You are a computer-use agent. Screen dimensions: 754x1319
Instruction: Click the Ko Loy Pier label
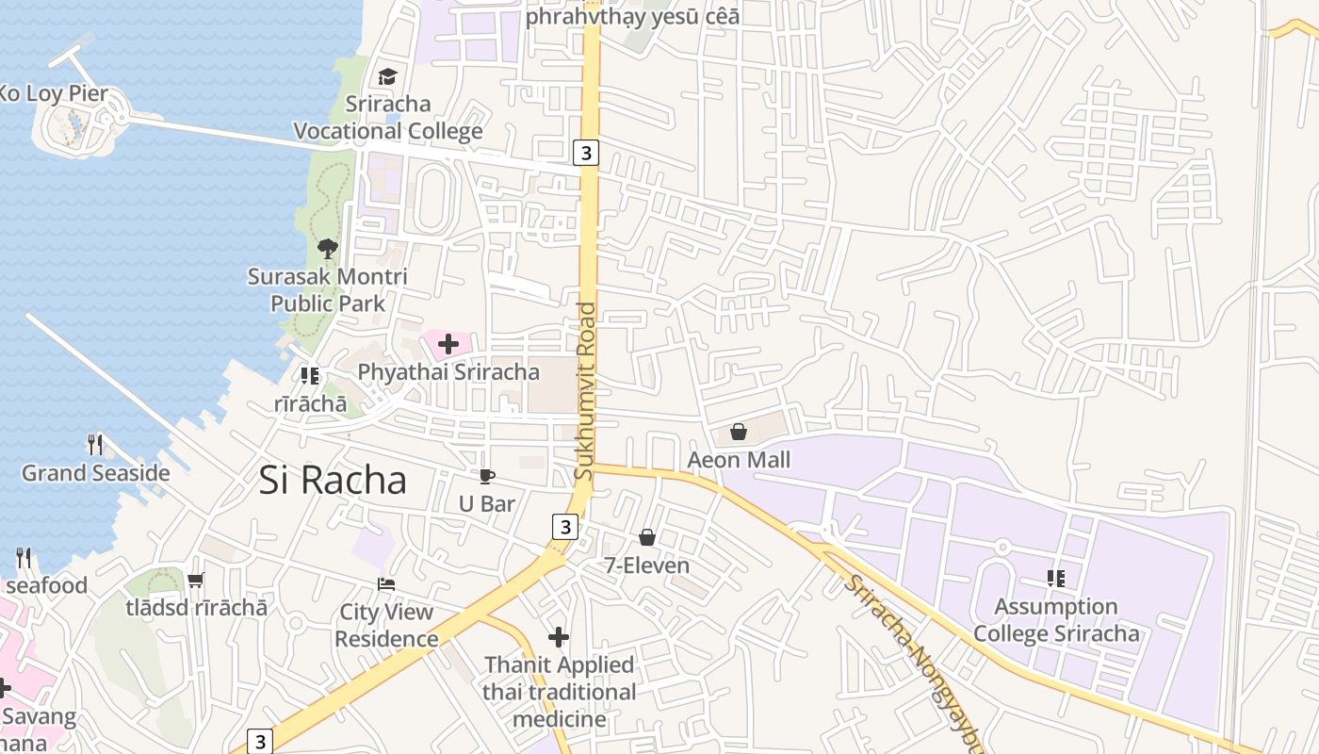pyautogui.click(x=54, y=93)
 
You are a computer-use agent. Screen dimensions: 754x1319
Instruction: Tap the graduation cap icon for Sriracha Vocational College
pyautogui.click(x=387, y=76)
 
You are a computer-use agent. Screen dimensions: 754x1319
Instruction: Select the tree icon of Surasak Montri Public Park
pyautogui.click(x=327, y=249)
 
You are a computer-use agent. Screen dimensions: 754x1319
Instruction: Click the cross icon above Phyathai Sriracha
pyautogui.click(x=448, y=344)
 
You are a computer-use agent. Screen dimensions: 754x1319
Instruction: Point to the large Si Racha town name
pyautogui.click(x=333, y=481)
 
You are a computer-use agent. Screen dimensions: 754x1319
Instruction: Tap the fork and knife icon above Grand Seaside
pyautogui.click(x=95, y=444)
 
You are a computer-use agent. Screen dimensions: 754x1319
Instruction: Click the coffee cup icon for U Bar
pyautogui.click(x=486, y=476)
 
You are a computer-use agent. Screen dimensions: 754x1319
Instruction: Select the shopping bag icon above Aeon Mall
pyautogui.click(x=739, y=432)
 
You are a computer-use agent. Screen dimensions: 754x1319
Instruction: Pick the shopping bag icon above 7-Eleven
pyautogui.click(x=647, y=537)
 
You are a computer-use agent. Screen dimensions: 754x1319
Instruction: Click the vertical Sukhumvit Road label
pyautogui.click(x=585, y=391)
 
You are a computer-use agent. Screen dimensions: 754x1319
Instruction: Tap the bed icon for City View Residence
pyautogui.click(x=385, y=584)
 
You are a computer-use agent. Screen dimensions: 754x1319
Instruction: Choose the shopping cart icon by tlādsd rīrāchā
pyautogui.click(x=196, y=580)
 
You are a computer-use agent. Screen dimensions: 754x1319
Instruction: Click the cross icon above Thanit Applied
pyautogui.click(x=559, y=637)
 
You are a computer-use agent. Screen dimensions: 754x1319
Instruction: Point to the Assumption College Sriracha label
pyautogui.click(x=1056, y=620)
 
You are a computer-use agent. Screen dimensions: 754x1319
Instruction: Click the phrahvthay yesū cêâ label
pyautogui.click(x=632, y=16)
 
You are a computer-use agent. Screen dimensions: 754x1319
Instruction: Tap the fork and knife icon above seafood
pyautogui.click(x=24, y=558)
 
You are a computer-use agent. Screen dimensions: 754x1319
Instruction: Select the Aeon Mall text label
pyautogui.click(x=739, y=460)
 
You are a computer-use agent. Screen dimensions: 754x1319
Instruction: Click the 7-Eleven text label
pyautogui.click(x=647, y=565)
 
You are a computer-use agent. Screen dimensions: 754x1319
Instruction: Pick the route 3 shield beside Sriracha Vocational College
pyautogui.click(x=586, y=153)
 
